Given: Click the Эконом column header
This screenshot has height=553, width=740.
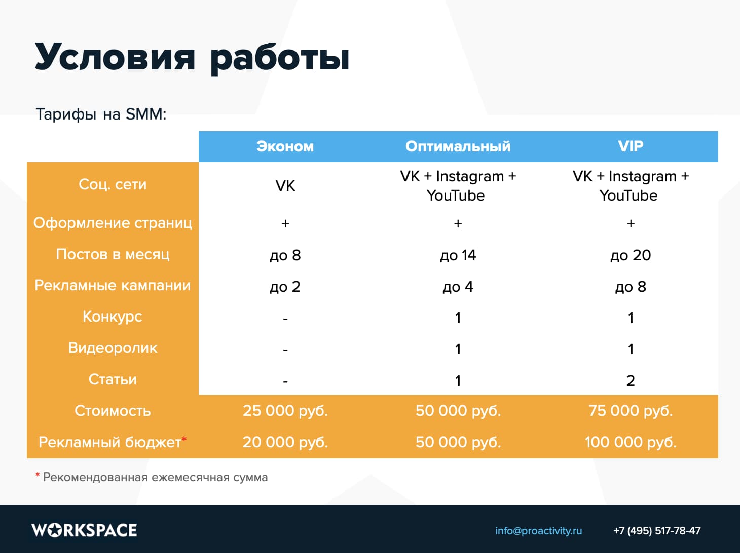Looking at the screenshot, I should point(285,146).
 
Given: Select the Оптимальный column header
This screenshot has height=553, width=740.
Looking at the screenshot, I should point(458,146).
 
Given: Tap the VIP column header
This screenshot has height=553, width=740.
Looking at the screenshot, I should point(631,146).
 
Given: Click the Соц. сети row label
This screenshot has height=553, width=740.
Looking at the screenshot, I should point(113,184).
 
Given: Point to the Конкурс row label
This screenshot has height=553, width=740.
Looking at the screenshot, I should point(113,317).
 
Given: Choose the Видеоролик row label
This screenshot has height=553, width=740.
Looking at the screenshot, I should point(113,348).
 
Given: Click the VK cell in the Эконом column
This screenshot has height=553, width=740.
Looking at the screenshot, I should point(285,186).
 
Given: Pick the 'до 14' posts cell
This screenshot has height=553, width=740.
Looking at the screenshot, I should point(458,255).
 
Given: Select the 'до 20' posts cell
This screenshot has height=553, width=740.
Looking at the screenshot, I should point(631,255).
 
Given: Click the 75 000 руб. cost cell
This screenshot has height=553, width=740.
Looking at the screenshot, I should point(631,410).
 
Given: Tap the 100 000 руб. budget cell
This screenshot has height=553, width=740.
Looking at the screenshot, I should point(631,442).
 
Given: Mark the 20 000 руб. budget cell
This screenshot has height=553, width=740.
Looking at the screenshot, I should point(285,442).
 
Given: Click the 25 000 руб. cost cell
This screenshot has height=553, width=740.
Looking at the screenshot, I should point(285,410).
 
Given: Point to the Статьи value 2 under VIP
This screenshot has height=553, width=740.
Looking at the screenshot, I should point(631,380).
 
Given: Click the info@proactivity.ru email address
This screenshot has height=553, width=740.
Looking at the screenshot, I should point(538,531).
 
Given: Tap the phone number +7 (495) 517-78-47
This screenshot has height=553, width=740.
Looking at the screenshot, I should point(657,531).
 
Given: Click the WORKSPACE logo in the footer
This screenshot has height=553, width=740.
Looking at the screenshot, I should point(84,530).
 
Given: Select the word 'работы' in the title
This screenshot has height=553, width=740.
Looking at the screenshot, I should point(280,58).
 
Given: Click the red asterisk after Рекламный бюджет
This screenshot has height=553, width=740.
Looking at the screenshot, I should point(184,439).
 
